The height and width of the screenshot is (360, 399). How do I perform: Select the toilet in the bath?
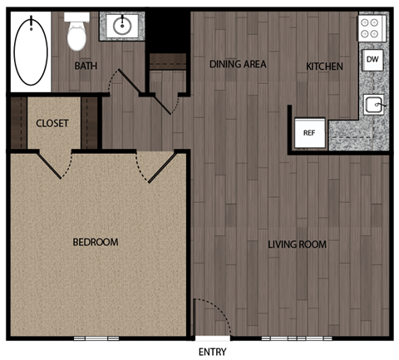pos(76,33)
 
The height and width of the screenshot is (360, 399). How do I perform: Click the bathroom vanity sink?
pos(122,27)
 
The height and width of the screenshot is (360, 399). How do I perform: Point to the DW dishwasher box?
pos(372,59)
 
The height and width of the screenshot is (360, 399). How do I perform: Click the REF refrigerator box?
pos(308,133)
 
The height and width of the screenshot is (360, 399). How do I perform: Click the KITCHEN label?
pos(324,67)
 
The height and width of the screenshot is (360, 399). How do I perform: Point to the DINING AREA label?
pos(238,63)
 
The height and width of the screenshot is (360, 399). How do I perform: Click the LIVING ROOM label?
pos(297,244)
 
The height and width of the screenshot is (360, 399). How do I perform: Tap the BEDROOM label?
pos(96,243)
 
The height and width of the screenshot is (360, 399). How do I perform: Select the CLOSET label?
pos(52,123)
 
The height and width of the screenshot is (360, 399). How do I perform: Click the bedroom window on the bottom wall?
pos(96,338)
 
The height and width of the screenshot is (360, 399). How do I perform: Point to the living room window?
pos(297,338)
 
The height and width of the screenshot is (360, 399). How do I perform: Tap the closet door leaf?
pos(50,165)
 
